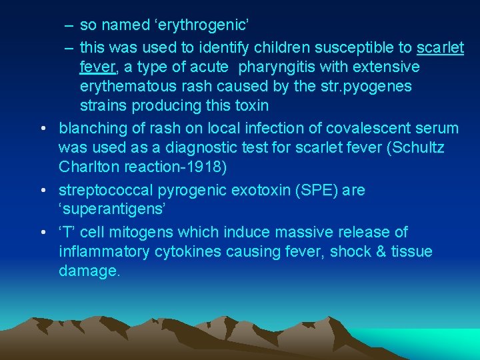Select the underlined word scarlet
point(440,48)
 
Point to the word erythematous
point(131,87)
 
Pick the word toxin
point(249,106)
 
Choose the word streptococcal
point(105,191)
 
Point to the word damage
point(89,271)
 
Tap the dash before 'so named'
point(69,26)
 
